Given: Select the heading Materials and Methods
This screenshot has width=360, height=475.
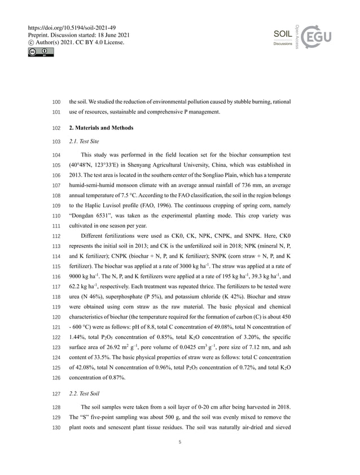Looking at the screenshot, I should click(101, 128).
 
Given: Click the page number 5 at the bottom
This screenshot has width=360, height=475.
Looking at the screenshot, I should click(179, 442).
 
